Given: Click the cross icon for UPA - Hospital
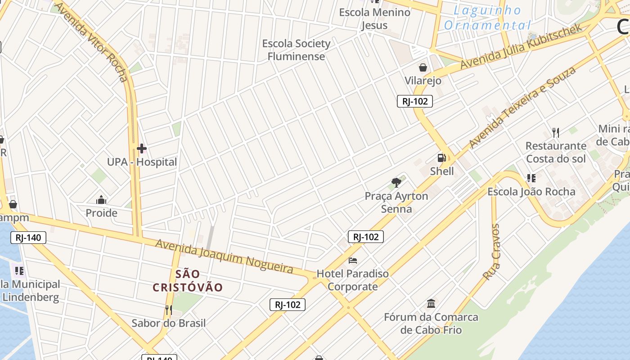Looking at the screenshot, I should click(142, 148).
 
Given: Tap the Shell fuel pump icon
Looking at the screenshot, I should click(442, 158).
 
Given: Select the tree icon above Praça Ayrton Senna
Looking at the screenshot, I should click(396, 182).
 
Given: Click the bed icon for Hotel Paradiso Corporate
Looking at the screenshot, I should click(353, 260).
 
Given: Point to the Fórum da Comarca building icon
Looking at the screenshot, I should click(431, 303).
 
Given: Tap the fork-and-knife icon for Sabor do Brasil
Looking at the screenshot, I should click(168, 310).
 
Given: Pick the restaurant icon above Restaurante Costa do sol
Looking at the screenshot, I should click(556, 132).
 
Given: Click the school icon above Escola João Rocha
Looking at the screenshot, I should click(531, 178).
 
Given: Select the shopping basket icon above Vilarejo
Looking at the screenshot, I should click(423, 67).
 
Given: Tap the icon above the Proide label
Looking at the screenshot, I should click(102, 200).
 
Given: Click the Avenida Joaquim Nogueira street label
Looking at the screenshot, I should click(224, 256).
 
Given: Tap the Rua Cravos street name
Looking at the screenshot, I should click(491, 252).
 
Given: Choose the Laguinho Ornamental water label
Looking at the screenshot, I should click(487, 18).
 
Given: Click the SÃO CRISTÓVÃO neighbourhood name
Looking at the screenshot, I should click(188, 280).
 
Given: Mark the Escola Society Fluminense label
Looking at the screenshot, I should click(296, 50).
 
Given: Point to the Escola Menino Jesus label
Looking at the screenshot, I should click(374, 18).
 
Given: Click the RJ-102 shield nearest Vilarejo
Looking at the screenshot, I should click(415, 101).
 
